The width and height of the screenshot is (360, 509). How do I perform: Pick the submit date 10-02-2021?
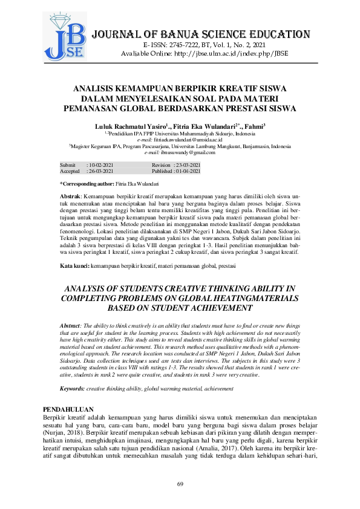pos(100,165)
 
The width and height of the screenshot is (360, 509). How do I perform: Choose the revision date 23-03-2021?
pos(188,165)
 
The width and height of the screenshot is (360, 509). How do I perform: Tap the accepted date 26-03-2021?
pos(100,172)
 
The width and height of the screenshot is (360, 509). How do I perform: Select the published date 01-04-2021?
pos(188,172)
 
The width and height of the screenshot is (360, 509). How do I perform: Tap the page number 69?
pos(180,484)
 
